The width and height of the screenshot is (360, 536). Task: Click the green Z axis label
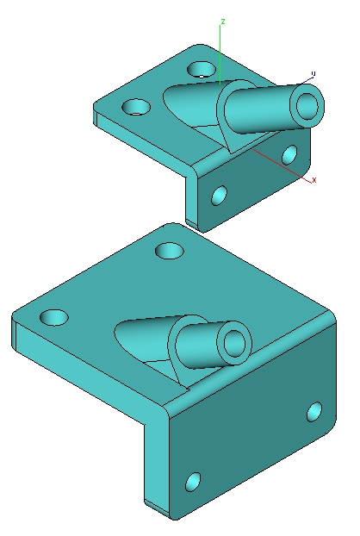click(223, 22)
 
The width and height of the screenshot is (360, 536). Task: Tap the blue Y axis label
click(313, 74)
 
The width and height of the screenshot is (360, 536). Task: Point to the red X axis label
click(314, 180)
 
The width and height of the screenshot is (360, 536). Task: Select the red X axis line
click(282, 165)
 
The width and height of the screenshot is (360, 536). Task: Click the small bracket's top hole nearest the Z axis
click(202, 70)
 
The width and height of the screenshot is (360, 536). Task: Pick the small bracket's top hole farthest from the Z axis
click(136, 107)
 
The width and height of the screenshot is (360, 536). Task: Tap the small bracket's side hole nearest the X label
click(289, 154)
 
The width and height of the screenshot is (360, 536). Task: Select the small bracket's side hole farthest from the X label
click(220, 196)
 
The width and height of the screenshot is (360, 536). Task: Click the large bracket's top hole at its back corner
click(170, 251)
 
